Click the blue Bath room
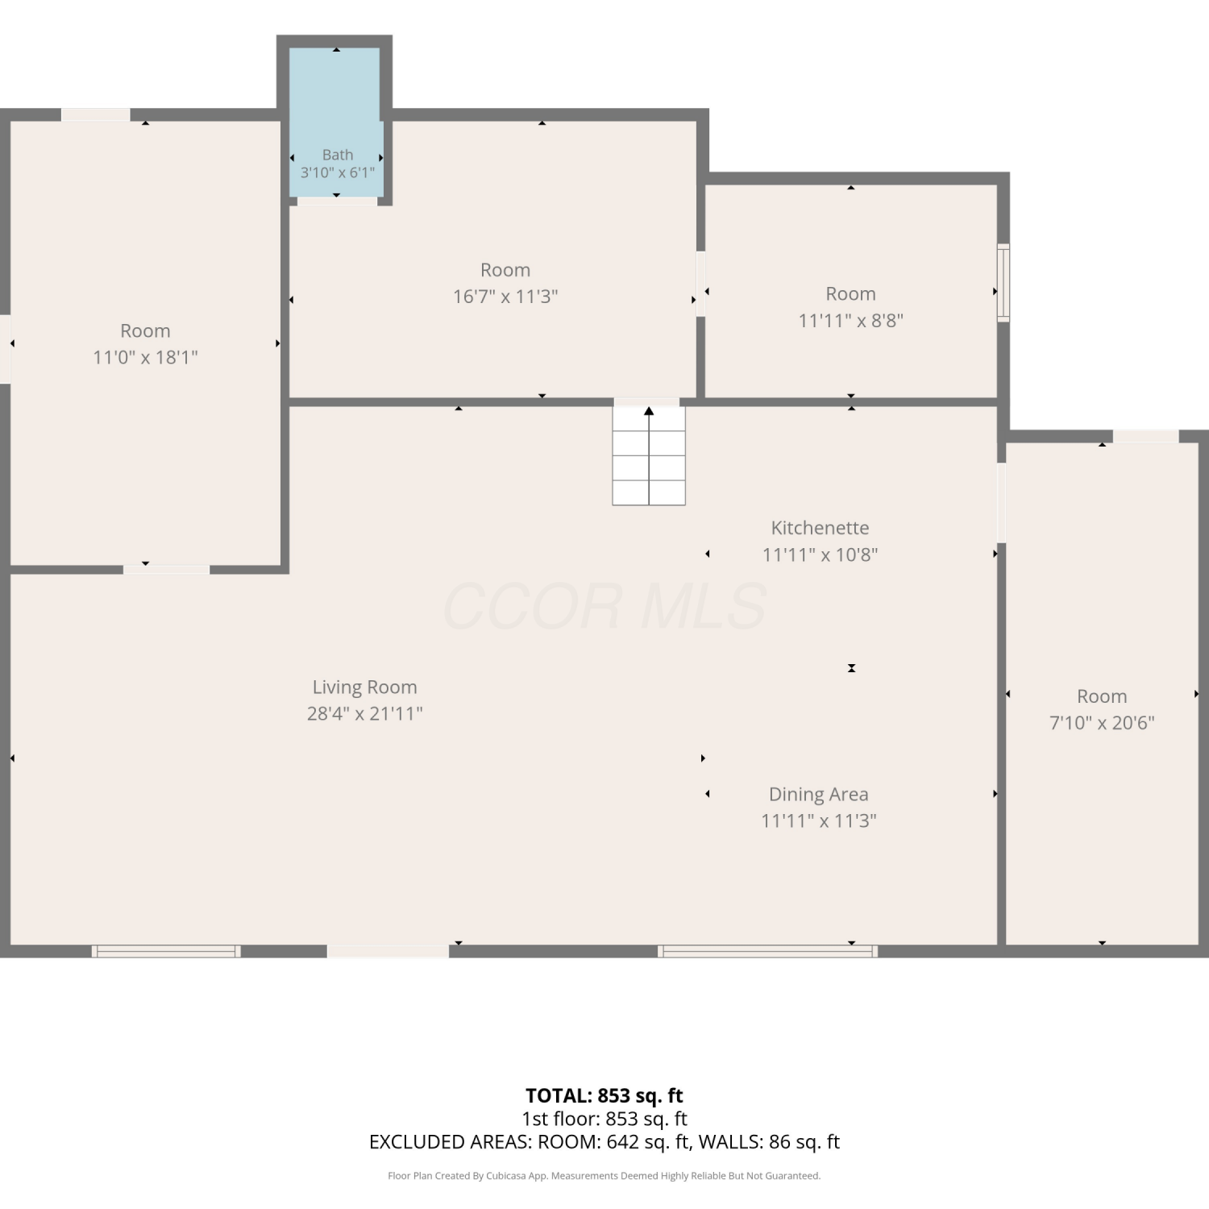[x=335, y=121]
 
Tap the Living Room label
[x=365, y=688]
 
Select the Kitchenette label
[x=820, y=528]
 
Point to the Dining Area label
[x=819, y=795]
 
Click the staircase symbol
[x=649, y=455]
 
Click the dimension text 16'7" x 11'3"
[x=505, y=297]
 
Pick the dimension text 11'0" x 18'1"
[x=145, y=357]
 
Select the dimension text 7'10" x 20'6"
[x=1102, y=723]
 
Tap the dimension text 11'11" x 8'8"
[x=850, y=321]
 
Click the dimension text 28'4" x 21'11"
[x=365, y=714]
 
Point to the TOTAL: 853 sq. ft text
[x=604, y=1096]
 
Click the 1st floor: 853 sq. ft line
[x=604, y=1119]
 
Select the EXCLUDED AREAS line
[x=604, y=1142]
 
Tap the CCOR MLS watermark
[x=604, y=606]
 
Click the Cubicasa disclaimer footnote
[x=604, y=1176]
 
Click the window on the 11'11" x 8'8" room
[x=1003, y=283]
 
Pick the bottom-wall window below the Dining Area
[x=768, y=951]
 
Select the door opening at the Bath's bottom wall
[x=337, y=201]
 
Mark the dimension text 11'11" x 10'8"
[x=820, y=555]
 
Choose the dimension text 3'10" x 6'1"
[x=338, y=172]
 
